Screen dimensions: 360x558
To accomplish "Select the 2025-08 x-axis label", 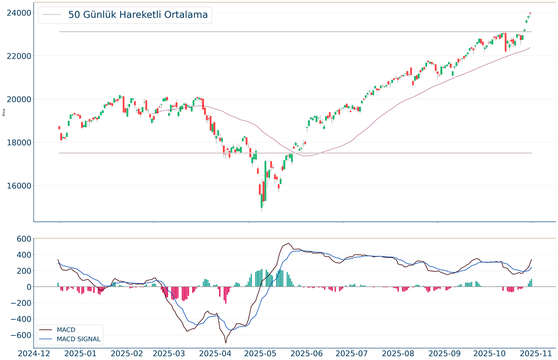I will [399, 353].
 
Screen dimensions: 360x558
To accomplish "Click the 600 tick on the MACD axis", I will [23, 239].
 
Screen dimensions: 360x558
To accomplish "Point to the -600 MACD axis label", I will [20, 335].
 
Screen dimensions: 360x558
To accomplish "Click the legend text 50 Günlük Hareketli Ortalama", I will [138, 15].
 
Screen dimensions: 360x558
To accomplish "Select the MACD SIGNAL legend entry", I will [78, 339].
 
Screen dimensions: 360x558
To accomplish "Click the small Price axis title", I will [4, 112].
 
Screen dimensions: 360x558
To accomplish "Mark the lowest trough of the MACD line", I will [226, 342].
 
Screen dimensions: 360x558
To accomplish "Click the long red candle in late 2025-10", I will [505, 43].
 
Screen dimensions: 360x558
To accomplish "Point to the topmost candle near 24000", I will [530, 13].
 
